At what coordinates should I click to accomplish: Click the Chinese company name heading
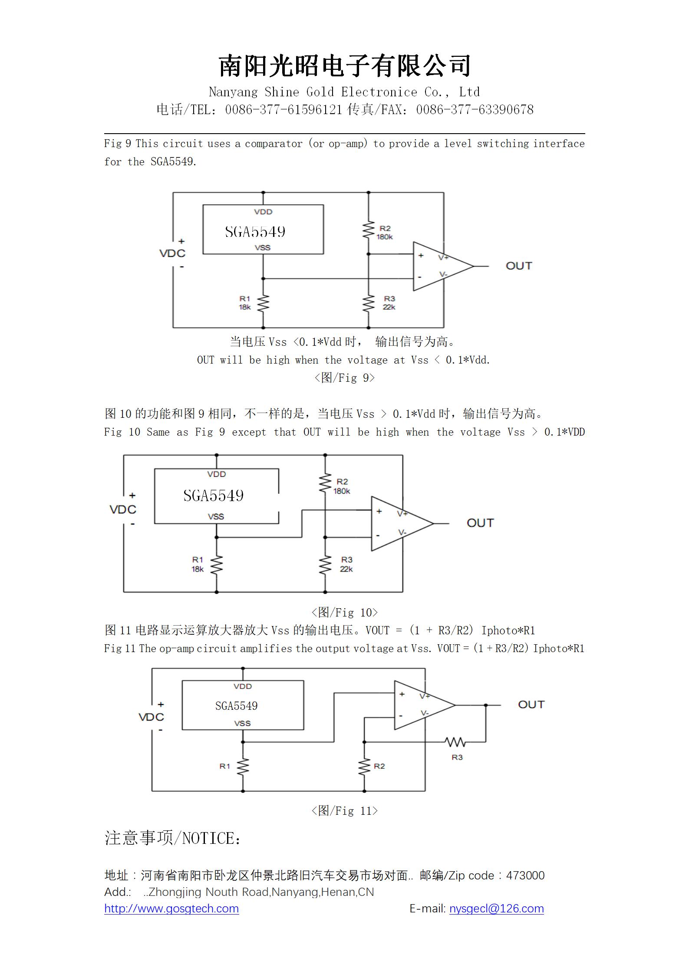tap(345, 66)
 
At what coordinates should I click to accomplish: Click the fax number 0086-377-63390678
tap(475, 110)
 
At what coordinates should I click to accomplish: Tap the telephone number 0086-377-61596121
tap(284, 110)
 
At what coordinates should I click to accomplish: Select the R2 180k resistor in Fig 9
tap(369, 230)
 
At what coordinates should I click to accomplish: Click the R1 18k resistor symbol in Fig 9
tap(263, 303)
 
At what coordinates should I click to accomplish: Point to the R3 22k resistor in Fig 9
tap(369, 303)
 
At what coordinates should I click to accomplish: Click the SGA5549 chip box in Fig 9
tap(263, 230)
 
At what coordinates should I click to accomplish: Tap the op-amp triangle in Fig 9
tap(443, 266)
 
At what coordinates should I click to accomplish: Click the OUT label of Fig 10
tap(480, 523)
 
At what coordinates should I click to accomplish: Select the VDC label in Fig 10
tap(123, 509)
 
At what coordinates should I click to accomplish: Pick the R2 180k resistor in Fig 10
tap(325, 483)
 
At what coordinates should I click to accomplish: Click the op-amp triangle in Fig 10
tap(402, 524)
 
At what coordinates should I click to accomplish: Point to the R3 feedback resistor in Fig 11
tap(455, 741)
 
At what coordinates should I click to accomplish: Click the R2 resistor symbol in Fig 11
tap(364, 767)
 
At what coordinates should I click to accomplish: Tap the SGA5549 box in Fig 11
tap(243, 705)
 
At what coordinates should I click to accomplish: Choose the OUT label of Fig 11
tap(531, 704)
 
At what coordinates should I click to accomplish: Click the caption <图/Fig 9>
tap(344, 377)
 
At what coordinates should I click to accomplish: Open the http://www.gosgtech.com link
tap(171, 908)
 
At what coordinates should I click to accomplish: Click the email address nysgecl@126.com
tap(496, 908)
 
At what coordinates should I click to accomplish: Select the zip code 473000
tap(525, 875)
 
